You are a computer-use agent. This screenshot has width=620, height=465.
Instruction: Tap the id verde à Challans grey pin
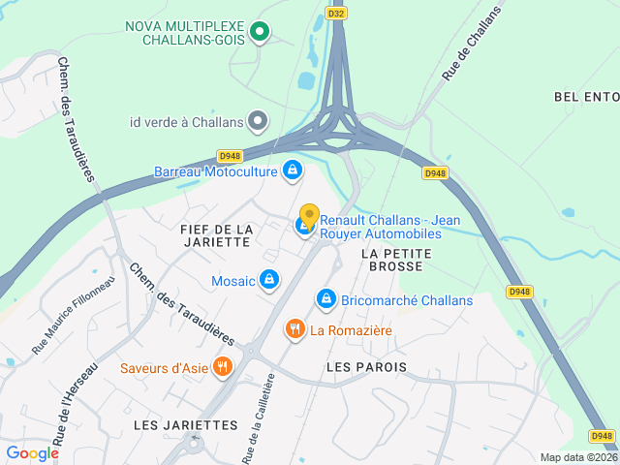coord(257,122)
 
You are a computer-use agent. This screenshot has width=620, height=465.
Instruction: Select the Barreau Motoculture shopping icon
coord(292,171)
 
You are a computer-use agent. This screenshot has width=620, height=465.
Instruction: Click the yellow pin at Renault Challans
coord(309,216)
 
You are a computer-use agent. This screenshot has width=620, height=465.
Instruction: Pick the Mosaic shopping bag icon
coord(269,281)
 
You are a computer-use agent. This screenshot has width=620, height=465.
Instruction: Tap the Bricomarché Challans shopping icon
coord(326,299)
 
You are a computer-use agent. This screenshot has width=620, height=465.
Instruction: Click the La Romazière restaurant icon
coord(295,330)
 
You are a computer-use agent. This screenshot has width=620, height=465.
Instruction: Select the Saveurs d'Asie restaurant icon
coord(224,367)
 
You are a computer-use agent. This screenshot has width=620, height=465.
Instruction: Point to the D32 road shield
coord(336,14)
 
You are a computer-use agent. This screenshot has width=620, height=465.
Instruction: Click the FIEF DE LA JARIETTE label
coord(217,235)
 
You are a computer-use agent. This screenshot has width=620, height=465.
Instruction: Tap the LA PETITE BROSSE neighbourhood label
coord(395,259)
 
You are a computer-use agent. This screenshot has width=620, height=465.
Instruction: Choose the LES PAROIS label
coord(366,367)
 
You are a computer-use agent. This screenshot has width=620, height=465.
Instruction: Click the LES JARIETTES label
coord(185,425)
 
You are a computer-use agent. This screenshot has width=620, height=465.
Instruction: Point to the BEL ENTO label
coord(585,97)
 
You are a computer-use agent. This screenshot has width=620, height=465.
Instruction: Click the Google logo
coord(32,452)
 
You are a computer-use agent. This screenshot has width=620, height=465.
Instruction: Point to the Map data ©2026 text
coord(577,457)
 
